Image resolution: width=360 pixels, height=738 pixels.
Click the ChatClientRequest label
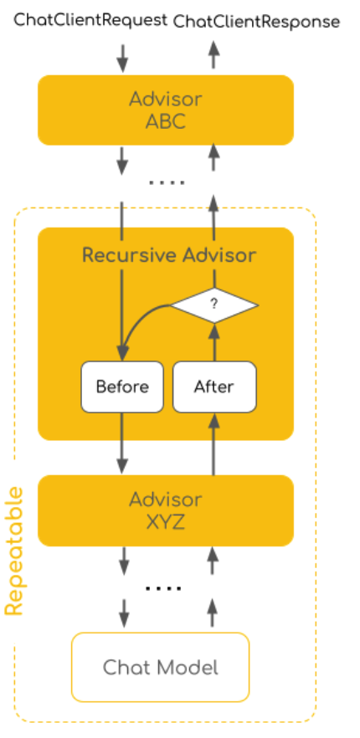[x=90, y=20]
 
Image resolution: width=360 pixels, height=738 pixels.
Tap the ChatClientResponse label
[x=257, y=22]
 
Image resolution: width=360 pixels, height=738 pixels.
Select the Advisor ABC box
[x=166, y=110]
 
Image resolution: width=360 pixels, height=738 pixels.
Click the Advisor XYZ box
[x=166, y=510]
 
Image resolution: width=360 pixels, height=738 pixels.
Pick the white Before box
[x=122, y=387]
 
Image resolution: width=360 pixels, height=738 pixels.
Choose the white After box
[x=214, y=387]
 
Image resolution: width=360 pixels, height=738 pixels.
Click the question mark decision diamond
[x=214, y=305]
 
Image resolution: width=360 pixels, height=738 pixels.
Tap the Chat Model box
[x=160, y=668]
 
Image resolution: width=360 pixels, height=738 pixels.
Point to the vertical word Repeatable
[x=14, y=551]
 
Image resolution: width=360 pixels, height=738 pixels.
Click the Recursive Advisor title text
[x=169, y=255]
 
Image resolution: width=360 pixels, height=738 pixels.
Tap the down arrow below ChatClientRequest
[x=122, y=59]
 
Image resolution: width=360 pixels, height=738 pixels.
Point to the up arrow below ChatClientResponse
[x=214, y=55]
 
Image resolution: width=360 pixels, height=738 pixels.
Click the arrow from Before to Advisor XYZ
[x=122, y=443]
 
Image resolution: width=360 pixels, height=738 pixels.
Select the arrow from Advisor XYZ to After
[x=214, y=443]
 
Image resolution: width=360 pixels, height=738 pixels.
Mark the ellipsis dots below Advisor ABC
[x=167, y=182]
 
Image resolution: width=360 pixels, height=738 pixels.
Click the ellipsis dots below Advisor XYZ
[x=163, y=588]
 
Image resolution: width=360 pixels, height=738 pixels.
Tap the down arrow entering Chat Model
[x=124, y=613]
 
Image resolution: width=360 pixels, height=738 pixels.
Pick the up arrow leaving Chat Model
[x=212, y=612]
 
